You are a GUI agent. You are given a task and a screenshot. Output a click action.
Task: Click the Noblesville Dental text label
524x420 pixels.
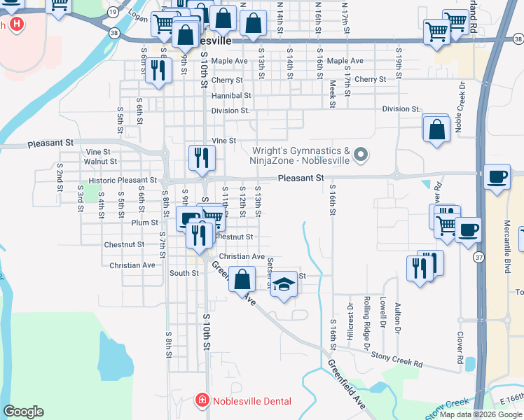coord(251,400)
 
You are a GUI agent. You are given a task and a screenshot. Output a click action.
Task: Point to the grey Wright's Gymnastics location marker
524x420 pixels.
coord(361,155)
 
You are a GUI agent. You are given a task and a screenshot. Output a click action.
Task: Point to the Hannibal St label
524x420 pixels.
coord(231,95)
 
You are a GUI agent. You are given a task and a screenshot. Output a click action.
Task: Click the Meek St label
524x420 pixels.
coord(333,90)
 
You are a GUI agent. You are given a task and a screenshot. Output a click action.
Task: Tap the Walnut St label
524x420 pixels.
coord(99,162)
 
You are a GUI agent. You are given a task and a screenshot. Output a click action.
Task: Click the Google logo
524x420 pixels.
coord(23,412)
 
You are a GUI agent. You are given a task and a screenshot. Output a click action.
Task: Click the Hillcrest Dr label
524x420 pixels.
coord(350,323)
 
